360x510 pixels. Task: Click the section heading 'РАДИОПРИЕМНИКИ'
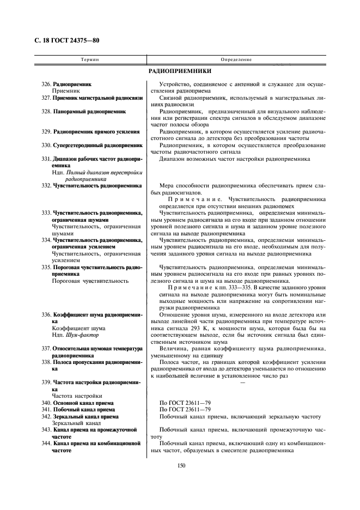[x=180, y=71]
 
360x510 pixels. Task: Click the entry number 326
[x=46, y=84]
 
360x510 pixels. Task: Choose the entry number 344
[x=46, y=444]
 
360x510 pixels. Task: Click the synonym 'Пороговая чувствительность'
[x=90, y=281]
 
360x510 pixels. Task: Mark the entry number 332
[x=46, y=186]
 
